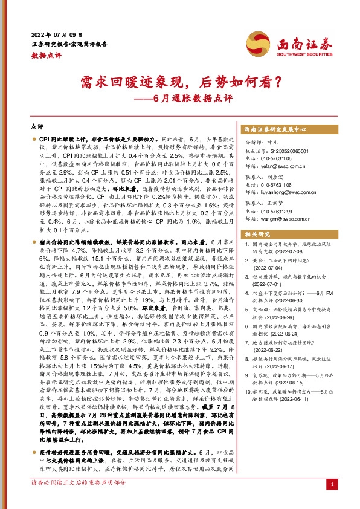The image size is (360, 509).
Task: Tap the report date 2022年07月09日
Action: [55, 34]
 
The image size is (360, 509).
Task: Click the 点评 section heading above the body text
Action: [37, 128]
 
